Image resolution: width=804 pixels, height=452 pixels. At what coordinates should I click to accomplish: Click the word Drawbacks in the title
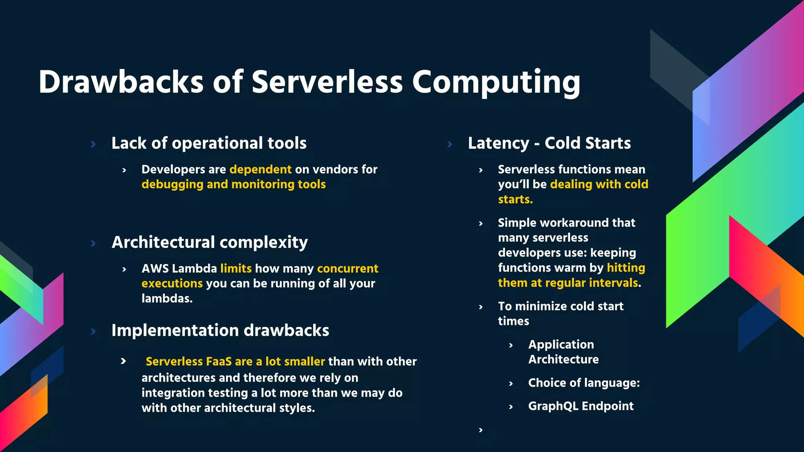(121, 82)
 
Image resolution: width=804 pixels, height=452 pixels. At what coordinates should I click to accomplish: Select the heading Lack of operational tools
(209, 143)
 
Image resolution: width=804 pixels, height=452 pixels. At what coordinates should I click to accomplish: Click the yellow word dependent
(260, 169)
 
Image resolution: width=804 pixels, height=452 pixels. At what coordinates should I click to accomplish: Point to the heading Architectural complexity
(210, 242)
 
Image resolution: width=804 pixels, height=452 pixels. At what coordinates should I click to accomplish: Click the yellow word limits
(236, 268)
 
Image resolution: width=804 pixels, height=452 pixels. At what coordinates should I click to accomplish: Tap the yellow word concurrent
(347, 268)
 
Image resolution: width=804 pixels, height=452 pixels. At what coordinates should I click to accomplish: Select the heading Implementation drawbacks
(220, 330)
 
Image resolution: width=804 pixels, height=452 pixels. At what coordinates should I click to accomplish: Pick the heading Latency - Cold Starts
(549, 143)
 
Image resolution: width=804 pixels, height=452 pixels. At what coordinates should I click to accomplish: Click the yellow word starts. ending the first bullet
(515, 200)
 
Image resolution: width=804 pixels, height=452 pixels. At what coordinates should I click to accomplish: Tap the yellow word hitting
(626, 268)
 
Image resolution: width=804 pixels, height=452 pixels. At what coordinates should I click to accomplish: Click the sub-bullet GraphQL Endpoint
(581, 406)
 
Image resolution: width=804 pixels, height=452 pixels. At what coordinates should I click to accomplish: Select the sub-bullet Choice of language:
(584, 383)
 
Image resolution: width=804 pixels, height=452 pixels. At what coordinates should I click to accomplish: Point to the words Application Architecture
(563, 352)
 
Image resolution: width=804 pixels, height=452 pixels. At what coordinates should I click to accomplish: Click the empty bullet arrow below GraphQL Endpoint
(481, 430)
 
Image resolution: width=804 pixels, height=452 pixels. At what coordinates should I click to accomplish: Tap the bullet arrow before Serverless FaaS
(123, 361)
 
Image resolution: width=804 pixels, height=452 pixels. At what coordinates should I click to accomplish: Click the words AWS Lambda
(179, 268)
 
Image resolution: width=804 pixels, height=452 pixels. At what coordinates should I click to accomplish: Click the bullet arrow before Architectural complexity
(93, 243)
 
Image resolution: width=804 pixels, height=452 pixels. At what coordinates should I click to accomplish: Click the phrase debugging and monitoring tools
(234, 184)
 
